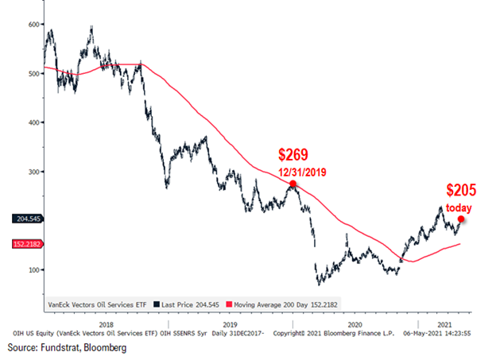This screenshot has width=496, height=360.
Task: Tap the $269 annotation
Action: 293,154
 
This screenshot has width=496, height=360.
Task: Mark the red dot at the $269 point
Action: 293,184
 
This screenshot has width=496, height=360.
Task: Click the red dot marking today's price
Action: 461,219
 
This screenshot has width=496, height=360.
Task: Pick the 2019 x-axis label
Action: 231,325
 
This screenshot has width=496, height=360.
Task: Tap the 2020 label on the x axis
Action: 355,325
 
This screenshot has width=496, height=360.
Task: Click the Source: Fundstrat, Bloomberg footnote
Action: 67,349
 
